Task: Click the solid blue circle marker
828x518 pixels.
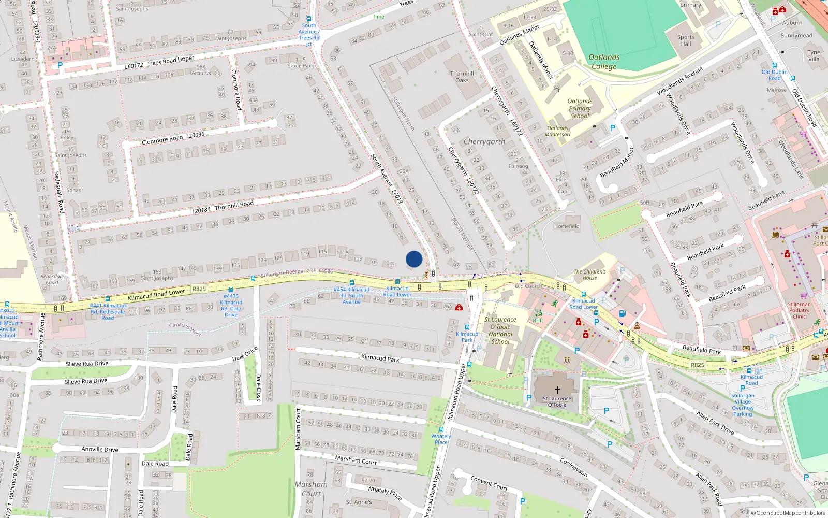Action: (414, 259)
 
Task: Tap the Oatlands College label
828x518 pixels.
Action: (604, 62)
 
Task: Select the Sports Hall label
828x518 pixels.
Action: (686, 40)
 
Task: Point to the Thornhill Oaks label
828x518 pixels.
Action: (462, 77)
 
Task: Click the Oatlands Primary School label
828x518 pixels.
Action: (580, 109)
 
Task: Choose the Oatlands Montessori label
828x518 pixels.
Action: (558, 131)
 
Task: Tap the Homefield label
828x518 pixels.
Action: (567, 226)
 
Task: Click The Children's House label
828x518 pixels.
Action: (589, 275)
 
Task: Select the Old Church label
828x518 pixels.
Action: (528, 286)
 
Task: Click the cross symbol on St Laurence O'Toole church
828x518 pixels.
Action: (557, 390)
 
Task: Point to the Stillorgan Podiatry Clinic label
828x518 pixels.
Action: (799, 310)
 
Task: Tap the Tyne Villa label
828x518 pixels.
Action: (814, 55)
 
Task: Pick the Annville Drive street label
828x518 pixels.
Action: (100, 449)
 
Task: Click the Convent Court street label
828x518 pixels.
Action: (489, 483)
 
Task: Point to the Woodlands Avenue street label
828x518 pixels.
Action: (679, 81)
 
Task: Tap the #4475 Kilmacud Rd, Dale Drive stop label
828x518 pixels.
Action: (231, 306)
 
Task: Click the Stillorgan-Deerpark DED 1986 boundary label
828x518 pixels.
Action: (297, 273)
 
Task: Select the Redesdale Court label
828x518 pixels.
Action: (52, 279)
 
